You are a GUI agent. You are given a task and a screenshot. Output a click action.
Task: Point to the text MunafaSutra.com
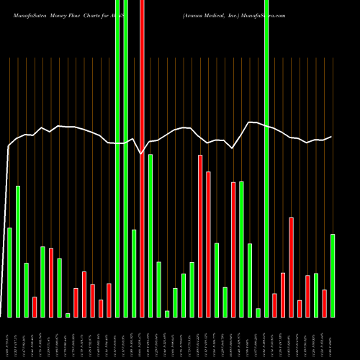click(264, 15)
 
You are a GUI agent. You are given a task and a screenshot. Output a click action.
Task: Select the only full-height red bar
click(142, 158)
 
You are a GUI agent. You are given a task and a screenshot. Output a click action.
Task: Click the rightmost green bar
click(333, 275)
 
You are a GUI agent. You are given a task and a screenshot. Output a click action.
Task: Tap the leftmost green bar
click(9, 272)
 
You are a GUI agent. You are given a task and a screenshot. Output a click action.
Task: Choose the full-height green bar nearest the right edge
click(266, 158)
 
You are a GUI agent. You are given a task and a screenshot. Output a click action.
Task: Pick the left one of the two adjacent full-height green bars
click(117, 158)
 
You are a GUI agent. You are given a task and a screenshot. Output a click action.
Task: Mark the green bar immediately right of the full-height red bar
click(150, 235)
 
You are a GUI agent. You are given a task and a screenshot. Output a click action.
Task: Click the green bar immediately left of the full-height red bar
click(134, 273)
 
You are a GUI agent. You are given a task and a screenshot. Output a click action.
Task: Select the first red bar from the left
click(35, 307)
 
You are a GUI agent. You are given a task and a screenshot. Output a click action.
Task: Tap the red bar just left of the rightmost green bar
click(325, 303)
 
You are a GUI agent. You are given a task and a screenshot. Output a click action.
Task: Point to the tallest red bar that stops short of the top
click(200, 235)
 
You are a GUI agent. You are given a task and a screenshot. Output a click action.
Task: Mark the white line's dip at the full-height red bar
click(142, 153)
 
